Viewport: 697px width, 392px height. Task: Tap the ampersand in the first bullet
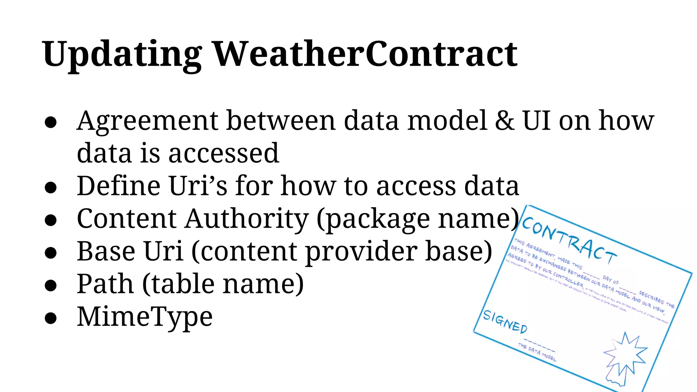click(505, 120)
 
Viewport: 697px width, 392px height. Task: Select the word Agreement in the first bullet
click(147, 121)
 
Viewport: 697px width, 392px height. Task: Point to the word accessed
click(224, 153)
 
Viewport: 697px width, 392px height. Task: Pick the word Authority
click(247, 218)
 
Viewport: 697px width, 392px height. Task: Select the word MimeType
click(145, 317)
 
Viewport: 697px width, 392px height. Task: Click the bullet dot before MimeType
click(50, 318)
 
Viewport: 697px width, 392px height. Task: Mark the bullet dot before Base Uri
click(50, 253)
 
